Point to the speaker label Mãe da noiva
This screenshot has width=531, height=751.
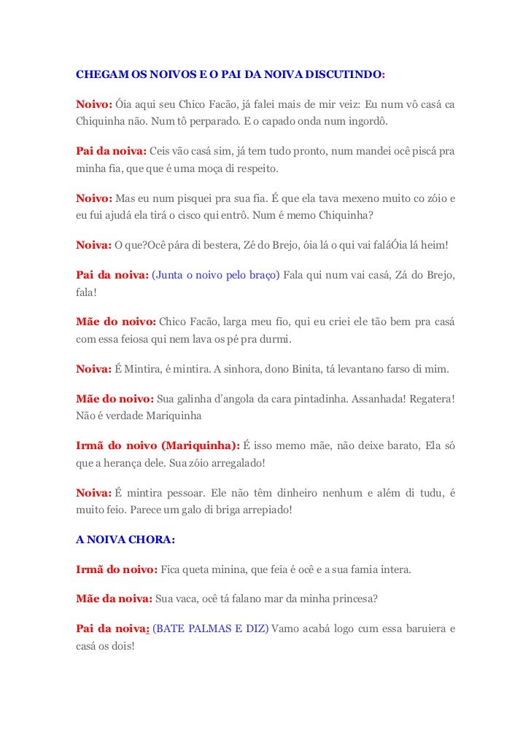(x=114, y=599)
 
